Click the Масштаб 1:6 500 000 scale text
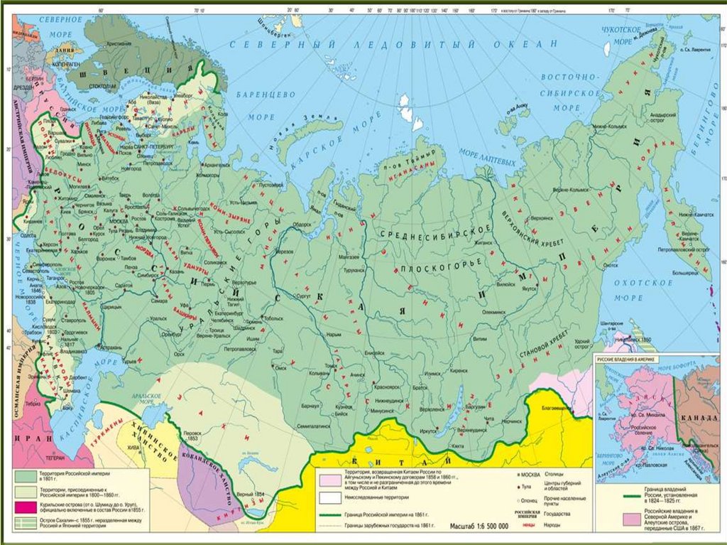pos(480,527)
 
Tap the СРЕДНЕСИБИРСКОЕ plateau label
pos(437,234)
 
